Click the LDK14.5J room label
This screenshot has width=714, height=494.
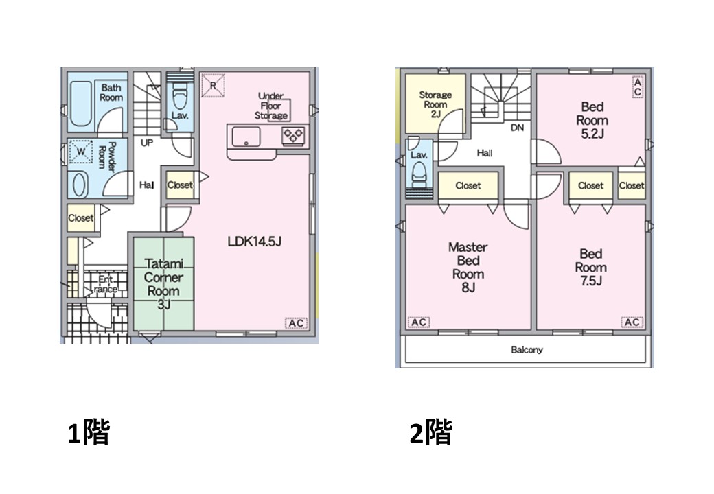tap(255, 241)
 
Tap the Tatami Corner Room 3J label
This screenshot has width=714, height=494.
tap(164, 284)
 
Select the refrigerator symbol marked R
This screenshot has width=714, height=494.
tap(213, 85)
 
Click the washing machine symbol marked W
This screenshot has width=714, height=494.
tap(80, 152)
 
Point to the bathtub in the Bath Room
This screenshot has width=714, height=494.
tap(82, 104)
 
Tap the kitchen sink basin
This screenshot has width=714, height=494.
tap(246, 137)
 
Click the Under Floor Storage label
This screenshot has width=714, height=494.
tap(271, 106)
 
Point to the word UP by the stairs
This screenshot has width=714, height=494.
tap(147, 143)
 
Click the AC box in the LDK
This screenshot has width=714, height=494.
tap(296, 323)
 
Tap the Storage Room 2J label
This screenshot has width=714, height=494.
tap(435, 104)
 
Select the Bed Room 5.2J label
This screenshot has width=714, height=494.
tap(592, 120)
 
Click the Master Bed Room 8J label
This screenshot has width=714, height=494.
tap(468, 267)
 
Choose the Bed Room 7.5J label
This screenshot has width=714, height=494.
tap(591, 267)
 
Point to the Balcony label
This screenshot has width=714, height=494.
tap(527, 350)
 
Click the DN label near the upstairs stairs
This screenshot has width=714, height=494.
tap(517, 128)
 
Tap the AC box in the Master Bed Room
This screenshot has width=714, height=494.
tap(419, 322)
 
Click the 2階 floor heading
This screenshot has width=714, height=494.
tap(430, 432)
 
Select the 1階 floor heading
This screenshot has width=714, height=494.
tap(89, 432)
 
